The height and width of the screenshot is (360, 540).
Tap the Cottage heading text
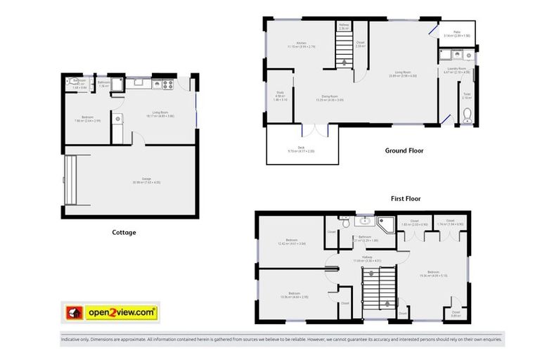point(124,232)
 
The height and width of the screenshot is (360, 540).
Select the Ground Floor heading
point(404,150)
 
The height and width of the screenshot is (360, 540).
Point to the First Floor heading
point(406,199)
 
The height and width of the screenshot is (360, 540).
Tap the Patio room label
point(456,32)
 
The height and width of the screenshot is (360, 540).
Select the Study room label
point(280,98)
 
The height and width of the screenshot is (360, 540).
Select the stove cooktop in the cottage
point(168,84)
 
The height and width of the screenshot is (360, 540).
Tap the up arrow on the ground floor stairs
point(344,62)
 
